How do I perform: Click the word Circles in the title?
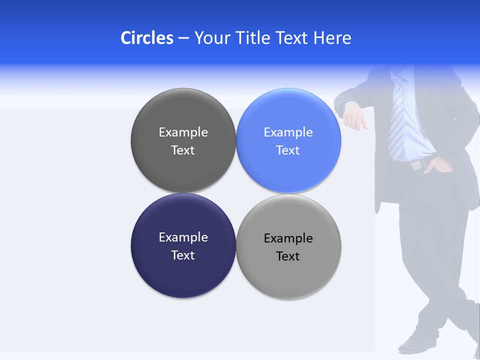tap(147, 38)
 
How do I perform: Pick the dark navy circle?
tap(183, 275)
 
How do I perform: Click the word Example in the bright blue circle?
tap(288, 132)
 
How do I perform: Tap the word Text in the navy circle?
tap(183, 255)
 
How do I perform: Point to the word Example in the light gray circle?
tap(288, 238)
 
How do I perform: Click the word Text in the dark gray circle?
tap(183, 150)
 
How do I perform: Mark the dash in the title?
tap(183, 38)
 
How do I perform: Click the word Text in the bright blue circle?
tap(288, 150)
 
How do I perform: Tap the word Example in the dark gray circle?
tap(183, 132)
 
